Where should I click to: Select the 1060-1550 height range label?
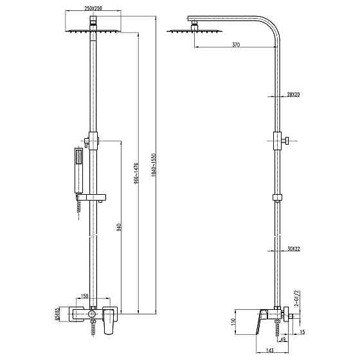click(x=153, y=165)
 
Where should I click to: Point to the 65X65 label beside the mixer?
click(x=57, y=314)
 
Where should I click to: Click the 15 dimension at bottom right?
click(x=301, y=332)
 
